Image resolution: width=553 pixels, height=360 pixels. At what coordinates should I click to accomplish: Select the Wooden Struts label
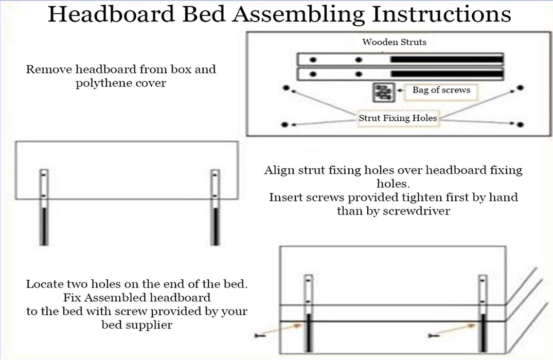click(394, 42)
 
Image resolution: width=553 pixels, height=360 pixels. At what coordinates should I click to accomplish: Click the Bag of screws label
click(441, 90)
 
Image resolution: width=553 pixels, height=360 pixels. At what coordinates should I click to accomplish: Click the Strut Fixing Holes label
click(398, 118)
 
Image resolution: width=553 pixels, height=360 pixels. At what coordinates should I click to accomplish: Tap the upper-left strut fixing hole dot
click(286, 88)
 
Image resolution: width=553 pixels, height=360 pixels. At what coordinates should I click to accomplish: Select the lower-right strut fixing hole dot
click(521, 124)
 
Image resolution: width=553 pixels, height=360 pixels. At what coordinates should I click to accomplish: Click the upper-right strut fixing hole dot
click(520, 88)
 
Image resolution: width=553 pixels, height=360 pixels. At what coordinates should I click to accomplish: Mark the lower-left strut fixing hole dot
click(286, 124)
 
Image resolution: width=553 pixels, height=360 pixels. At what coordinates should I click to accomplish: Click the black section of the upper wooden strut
click(446, 60)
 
